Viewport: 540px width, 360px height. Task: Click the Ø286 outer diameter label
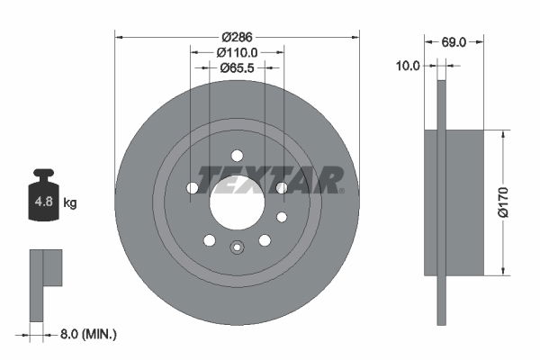click(x=237, y=38)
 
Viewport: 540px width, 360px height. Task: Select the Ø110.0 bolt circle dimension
click(x=237, y=53)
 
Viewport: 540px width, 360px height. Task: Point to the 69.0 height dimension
click(x=454, y=40)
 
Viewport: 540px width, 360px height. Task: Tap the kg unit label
click(x=70, y=202)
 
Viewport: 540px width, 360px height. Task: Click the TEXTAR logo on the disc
click(x=271, y=179)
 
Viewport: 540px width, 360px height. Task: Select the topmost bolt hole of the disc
click(x=237, y=154)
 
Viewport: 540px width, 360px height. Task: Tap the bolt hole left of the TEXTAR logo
click(x=193, y=187)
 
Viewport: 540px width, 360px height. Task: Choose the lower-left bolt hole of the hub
click(x=210, y=240)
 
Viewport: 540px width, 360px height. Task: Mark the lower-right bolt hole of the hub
click(x=265, y=240)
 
